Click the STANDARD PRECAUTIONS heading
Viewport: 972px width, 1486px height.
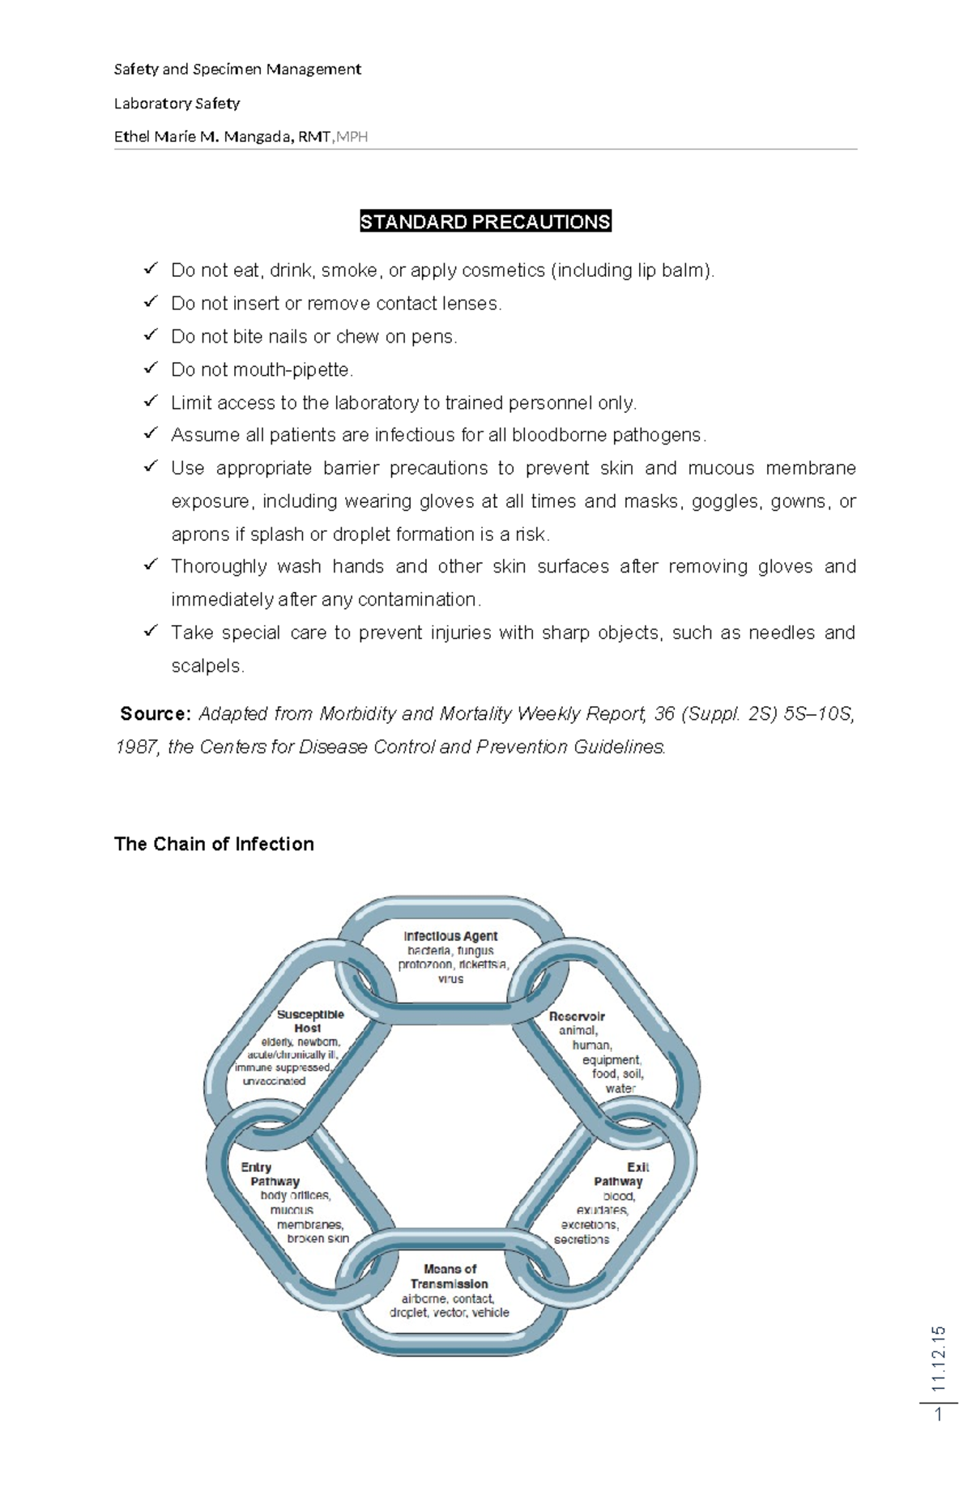(485, 222)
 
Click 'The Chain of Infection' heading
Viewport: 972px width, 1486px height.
(214, 844)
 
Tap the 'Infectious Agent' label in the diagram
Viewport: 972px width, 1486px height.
(450, 936)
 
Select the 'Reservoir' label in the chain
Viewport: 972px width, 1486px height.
(577, 1016)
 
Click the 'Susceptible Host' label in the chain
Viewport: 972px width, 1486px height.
(310, 1021)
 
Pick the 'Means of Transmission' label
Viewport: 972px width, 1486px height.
(450, 1276)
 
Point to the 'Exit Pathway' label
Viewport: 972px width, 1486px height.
(620, 1174)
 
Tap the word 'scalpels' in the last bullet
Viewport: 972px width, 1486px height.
(206, 666)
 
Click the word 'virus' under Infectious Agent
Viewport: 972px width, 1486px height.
(450, 979)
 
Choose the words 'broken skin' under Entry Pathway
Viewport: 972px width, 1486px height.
(318, 1238)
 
